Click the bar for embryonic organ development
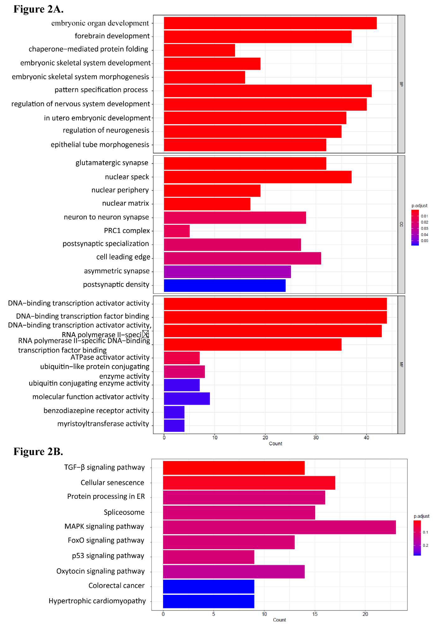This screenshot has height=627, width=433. pyautogui.click(x=270, y=23)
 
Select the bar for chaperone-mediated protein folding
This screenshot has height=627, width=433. pyautogui.click(x=199, y=50)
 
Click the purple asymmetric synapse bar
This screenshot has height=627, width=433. pyautogui.click(x=227, y=272)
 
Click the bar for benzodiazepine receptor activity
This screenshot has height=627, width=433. pyautogui.click(x=174, y=412)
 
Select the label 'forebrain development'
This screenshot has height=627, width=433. pyautogui.click(x=112, y=36)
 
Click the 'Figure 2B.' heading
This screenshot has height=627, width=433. pyautogui.click(x=38, y=451)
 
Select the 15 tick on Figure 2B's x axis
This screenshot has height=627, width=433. pyautogui.click(x=315, y=614)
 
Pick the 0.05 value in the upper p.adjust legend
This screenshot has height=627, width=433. pyautogui.click(x=424, y=241)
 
